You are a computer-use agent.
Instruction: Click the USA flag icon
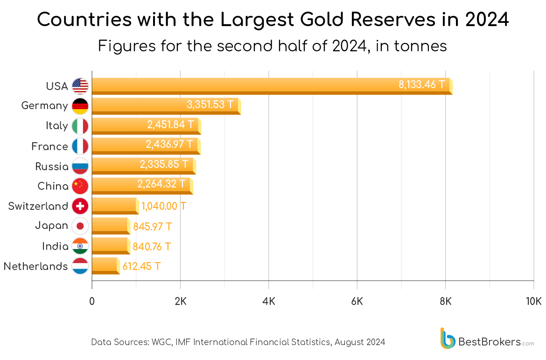[80, 86]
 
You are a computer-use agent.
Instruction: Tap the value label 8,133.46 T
[421, 85]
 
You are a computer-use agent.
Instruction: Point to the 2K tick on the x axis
[180, 301]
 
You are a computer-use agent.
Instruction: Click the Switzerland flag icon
[80, 206]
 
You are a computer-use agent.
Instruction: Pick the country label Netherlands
[35, 266]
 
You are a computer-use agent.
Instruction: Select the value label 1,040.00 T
[163, 206]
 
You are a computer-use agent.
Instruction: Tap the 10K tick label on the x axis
[533, 301]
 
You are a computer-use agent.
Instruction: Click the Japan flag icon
[80, 226]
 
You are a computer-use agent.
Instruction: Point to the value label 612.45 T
[141, 266]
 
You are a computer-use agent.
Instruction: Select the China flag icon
[80, 186]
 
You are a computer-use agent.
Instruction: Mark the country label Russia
[52, 166]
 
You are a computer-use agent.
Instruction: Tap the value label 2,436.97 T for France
[169, 145]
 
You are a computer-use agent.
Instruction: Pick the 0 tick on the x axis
[92, 301]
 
